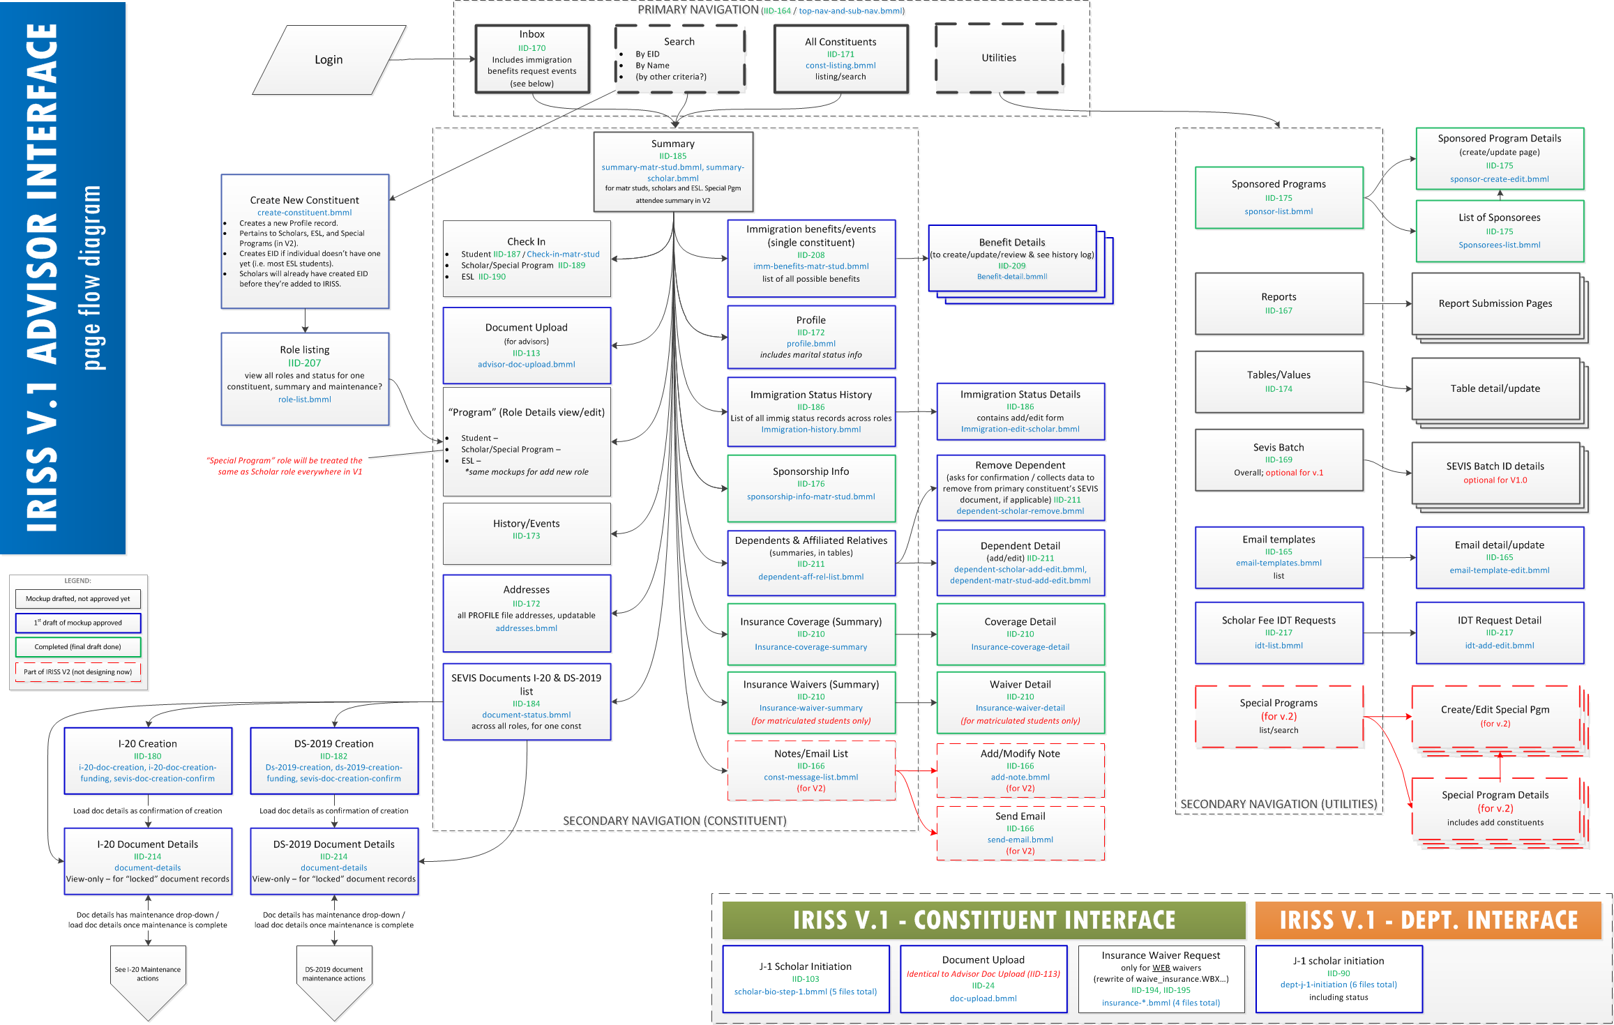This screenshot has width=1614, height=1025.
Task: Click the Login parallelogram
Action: (329, 60)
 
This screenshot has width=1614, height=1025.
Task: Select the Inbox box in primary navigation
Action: (532, 59)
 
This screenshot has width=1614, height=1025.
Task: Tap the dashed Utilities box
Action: (999, 58)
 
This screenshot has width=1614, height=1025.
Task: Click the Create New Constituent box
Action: (305, 241)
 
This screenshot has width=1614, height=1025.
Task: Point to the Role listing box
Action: (305, 379)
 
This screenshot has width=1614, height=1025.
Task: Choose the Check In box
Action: (527, 259)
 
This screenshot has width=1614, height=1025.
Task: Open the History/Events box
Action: (527, 533)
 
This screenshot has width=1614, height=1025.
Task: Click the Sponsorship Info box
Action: (811, 488)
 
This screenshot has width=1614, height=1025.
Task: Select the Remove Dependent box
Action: (1020, 487)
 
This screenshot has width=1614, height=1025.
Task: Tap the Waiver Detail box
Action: (1020, 702)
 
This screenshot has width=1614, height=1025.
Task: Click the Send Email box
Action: (1020, 833)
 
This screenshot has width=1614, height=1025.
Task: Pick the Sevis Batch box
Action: (1279, 460)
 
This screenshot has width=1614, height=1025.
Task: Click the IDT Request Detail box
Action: (1500, 632)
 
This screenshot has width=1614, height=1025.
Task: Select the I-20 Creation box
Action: (148, 761)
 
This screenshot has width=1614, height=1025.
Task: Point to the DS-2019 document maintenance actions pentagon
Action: (334, 980)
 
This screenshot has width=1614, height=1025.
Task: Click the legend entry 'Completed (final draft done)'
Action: (78, 647)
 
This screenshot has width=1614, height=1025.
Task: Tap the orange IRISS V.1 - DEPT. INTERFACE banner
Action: (1428, 920)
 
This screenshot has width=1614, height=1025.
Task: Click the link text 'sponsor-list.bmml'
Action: (1279, 211)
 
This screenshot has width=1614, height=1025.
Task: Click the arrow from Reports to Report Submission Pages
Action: (1387, 304)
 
